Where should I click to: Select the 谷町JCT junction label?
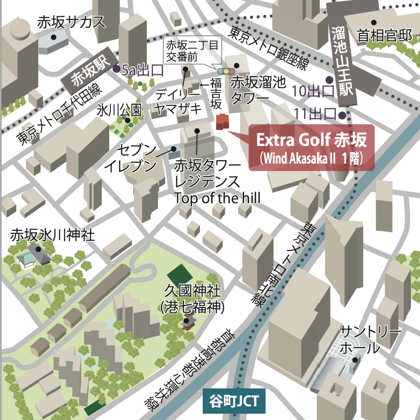point(234,401)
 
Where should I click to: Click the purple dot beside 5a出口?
point(116,69)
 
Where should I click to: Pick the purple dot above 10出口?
point(329,80)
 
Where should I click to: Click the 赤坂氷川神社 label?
point(52,235)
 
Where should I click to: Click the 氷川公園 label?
point(119,110)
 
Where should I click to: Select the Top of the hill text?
point(217,198)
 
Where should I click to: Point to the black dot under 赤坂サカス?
point(53,37)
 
